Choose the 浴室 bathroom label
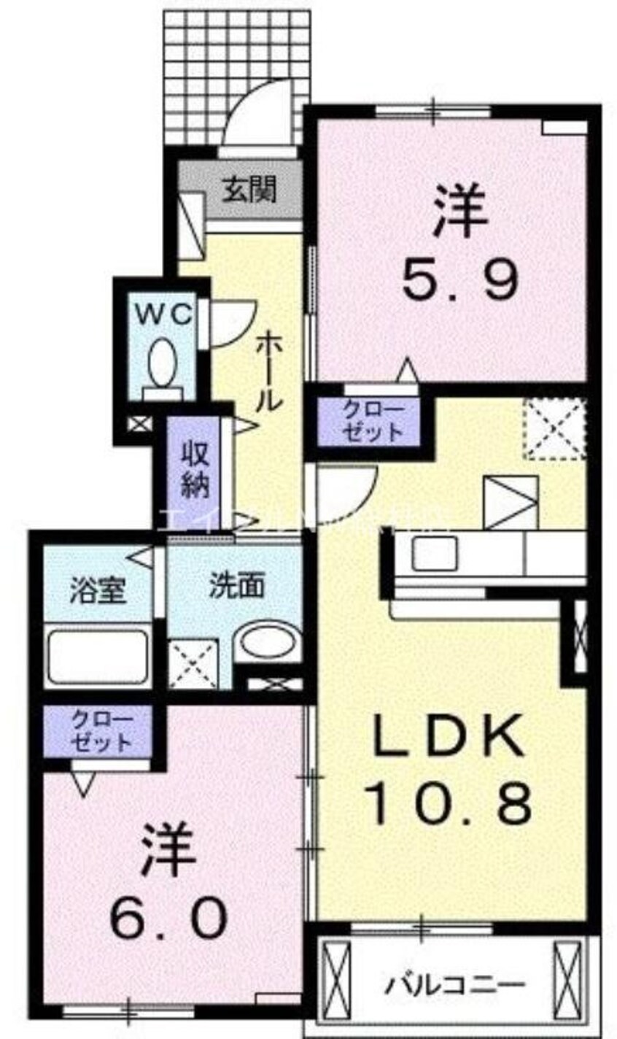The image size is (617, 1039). (x=98, y=590)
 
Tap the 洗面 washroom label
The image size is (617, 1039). (x=237, y=585)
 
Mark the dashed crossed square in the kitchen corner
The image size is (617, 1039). (x=556, y=429)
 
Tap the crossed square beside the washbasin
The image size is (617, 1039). (x=193, y=663)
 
